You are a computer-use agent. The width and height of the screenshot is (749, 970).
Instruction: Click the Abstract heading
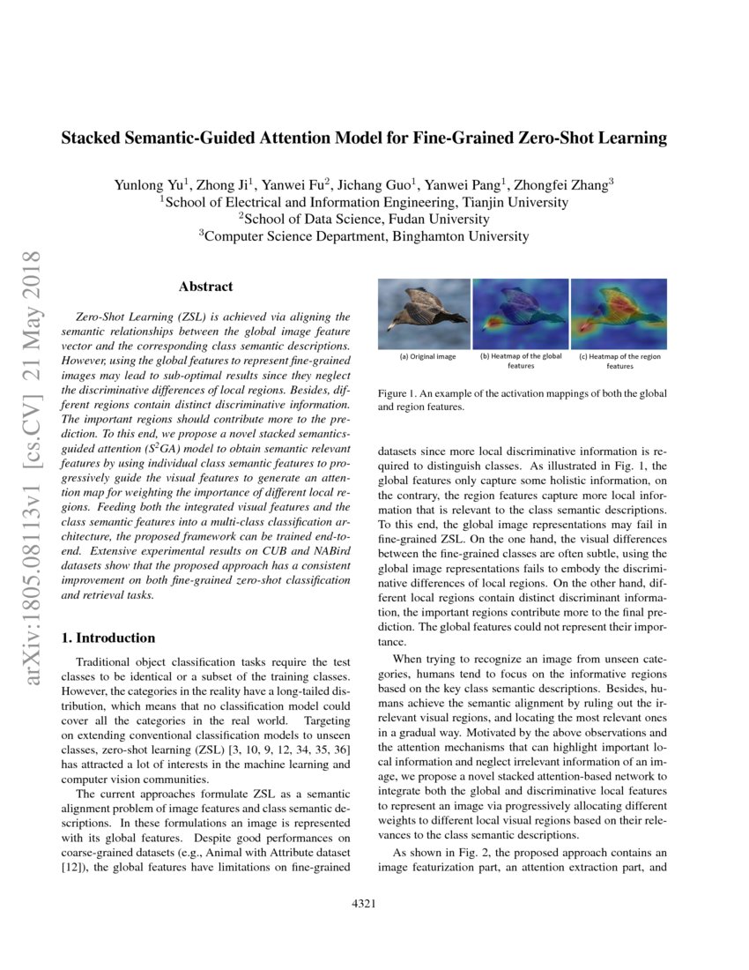(205, 287)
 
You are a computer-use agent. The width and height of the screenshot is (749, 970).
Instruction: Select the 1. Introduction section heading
(111, 638)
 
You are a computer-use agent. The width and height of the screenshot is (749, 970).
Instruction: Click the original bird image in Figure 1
(424, 312)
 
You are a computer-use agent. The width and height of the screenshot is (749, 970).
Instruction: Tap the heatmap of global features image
(521, 312)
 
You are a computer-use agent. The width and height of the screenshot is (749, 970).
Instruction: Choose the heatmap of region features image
(619, 312)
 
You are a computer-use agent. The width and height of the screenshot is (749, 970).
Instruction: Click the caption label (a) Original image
(427, 357)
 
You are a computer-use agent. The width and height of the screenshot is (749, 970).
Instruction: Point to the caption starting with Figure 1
(522, 399)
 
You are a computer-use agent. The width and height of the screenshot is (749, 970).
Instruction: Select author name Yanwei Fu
(299, 185)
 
